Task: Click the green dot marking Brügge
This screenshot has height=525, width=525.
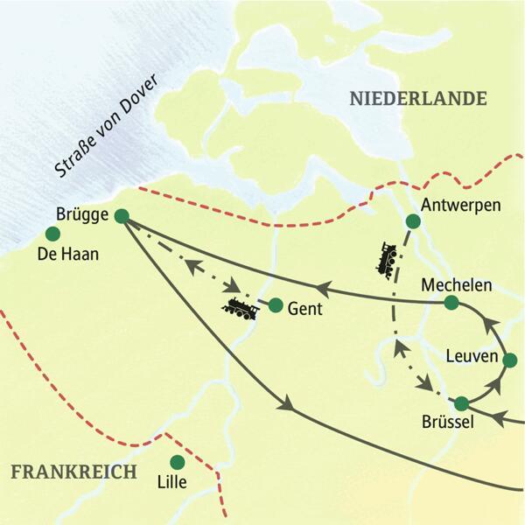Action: pyautogui.click(x=122, y=216)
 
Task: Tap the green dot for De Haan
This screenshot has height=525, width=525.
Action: pyautogui.click(x=52, y=234)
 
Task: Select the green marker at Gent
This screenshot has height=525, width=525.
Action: pyautogui.click(x=276, y=305)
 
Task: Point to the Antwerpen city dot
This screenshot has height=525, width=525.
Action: pyautogui.click(x=413, y=221)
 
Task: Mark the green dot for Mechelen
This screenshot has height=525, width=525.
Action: pyautogui.click(x=451, y=303)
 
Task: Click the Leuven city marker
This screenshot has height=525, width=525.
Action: pyautogui.click(x=510, y=360)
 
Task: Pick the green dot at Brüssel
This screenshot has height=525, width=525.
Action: pyautogui.click(x=463, y=403)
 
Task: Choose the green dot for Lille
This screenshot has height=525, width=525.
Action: pyautogui.click(x=178, y=461)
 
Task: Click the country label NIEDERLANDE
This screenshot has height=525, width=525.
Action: pyautogui.click(x=417, y=99)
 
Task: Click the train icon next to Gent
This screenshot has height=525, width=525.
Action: pyautogui.click(x=239, y=308)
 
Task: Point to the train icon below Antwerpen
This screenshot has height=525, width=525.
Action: pyautogui.click(x=388, y=259)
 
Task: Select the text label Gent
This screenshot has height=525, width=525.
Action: pyautogui.click(x=307, y=309)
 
